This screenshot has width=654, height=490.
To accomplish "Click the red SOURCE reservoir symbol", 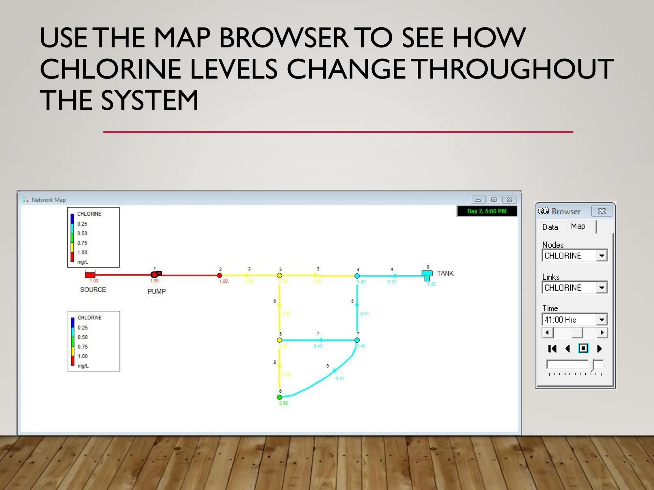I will click(x=90, y=274).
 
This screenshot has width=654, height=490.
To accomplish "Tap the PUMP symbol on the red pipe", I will click(x=156, y=274).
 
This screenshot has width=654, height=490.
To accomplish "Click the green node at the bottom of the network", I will click(x=279, y=397).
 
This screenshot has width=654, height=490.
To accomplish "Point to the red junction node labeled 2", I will click(x=219, y=275).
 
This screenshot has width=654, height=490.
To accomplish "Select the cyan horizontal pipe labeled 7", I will click(x=318, y=340).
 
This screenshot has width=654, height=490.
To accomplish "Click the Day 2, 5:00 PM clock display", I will click(x=487, y=211).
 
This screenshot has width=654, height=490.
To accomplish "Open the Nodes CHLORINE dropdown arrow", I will click(x=602, y=256).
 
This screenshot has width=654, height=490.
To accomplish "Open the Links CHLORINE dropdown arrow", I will click(x=602, y=288).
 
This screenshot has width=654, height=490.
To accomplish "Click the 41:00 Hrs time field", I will click(x=568, y=320).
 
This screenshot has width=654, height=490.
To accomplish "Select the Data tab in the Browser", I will click(x=550, y=227).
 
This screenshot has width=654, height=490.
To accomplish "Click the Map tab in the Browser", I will click(x=578, y=226).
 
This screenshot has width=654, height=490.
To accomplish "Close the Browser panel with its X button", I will click(x=602, y=211).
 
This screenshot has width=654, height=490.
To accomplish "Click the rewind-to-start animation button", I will click(x=552, y=349).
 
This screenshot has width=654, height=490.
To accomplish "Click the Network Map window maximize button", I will click(x=494, y=200).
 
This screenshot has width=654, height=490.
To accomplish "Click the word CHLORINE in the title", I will click(x=158, y=69).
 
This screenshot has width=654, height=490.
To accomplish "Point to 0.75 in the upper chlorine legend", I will click(x=82, y=243).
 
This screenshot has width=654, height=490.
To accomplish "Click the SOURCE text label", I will click(x=93, y=290).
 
